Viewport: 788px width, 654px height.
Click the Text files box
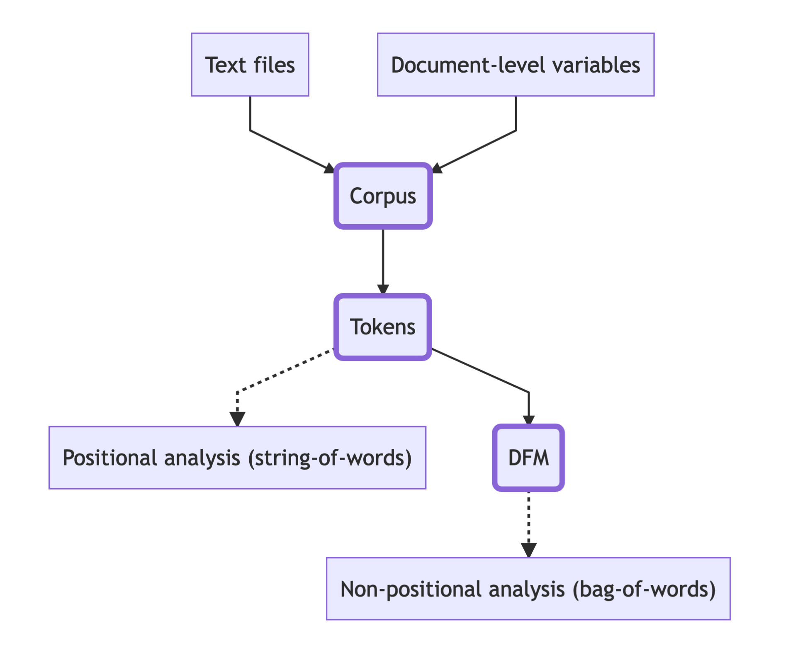[x=250, y=65]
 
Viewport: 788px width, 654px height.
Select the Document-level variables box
[x=515, y=65]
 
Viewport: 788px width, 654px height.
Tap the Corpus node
[x=383, y=196]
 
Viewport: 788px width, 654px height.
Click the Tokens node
[x=383, y=327]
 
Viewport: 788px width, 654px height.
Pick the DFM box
[x=528, y=458]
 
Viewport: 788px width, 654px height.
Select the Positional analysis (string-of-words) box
[x=237, y=458]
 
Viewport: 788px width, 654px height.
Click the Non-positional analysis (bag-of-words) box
[x=528, y=589]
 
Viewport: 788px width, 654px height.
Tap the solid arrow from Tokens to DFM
[x=481, y=371]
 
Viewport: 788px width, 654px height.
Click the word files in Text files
[x=274, y=65]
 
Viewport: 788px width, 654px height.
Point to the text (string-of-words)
[x=330, y=458]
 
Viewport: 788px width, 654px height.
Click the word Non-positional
[x=411, y=589]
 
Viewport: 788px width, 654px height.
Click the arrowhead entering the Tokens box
[x=383, y=289]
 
